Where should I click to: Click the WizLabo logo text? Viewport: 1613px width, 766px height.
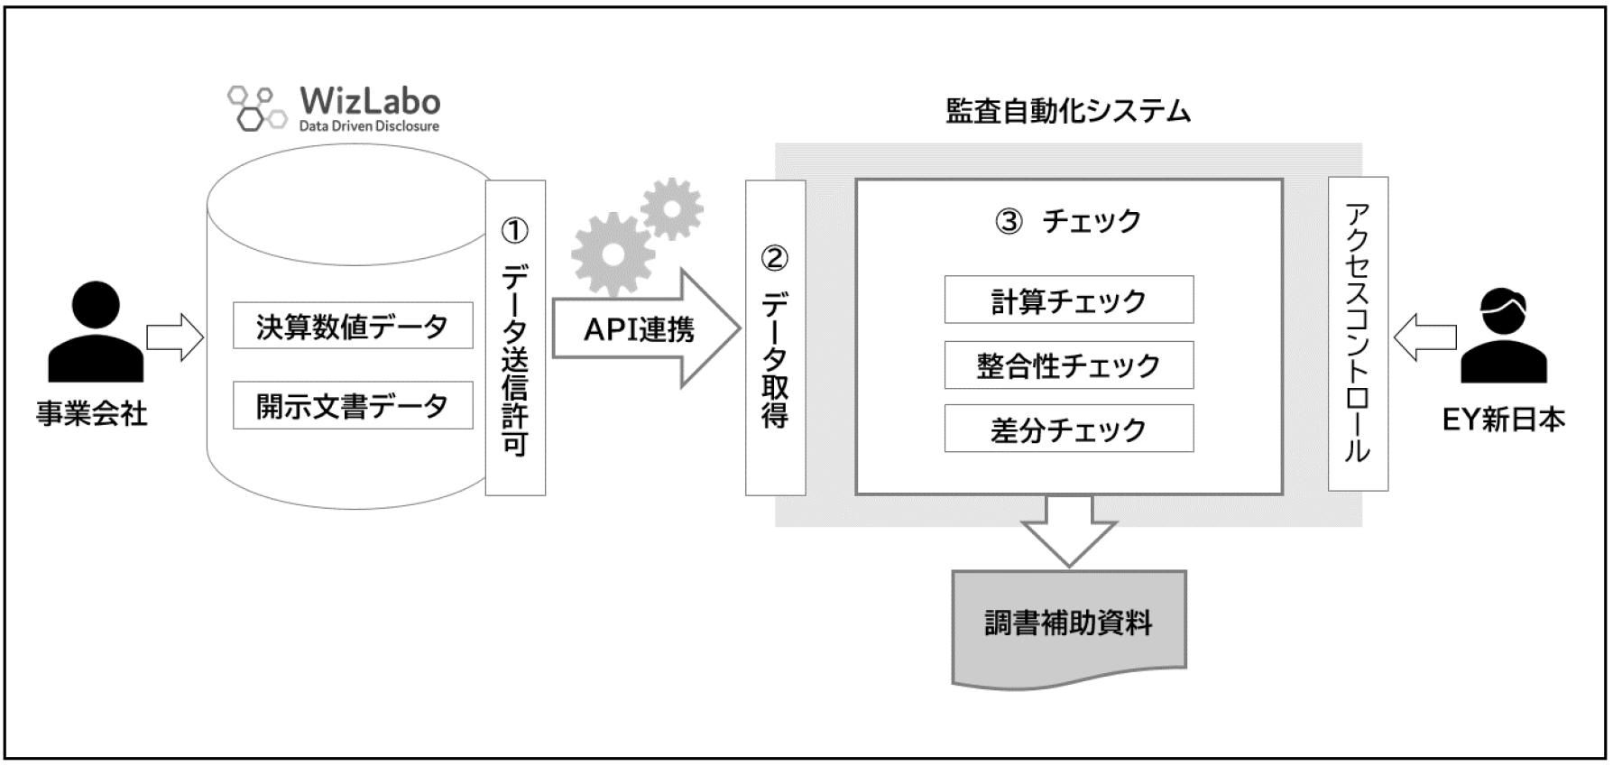coord(370,101)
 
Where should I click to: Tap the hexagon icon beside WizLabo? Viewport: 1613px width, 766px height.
coord(255,108)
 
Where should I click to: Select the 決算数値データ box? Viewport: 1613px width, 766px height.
coord(353,326)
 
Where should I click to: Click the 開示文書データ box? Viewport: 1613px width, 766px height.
coord(353,406)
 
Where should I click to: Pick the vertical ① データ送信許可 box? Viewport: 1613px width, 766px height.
coord(515,337)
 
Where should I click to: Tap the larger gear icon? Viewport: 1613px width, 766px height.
coord(613,254)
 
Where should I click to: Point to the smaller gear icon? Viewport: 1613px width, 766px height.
coord(672,209)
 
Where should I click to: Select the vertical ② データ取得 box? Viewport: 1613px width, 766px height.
coord(775,337)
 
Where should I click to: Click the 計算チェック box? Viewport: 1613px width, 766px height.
coord(1068,300)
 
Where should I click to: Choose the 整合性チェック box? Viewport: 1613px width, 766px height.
coord(1068,365)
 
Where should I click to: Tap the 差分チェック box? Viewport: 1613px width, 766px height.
coord(1068,429)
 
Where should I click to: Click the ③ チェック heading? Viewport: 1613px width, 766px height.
coord(1068,221)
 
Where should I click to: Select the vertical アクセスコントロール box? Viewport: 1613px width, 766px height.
coord(1358,334)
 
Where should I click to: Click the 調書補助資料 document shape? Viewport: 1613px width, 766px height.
coord(1068,624)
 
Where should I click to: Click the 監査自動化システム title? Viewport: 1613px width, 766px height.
coord(1068,111)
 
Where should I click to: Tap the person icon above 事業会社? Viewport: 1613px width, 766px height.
coord(96,331)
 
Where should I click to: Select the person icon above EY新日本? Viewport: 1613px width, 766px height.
coord(1503,336)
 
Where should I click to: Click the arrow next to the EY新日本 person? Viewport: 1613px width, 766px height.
coord(1424,337)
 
